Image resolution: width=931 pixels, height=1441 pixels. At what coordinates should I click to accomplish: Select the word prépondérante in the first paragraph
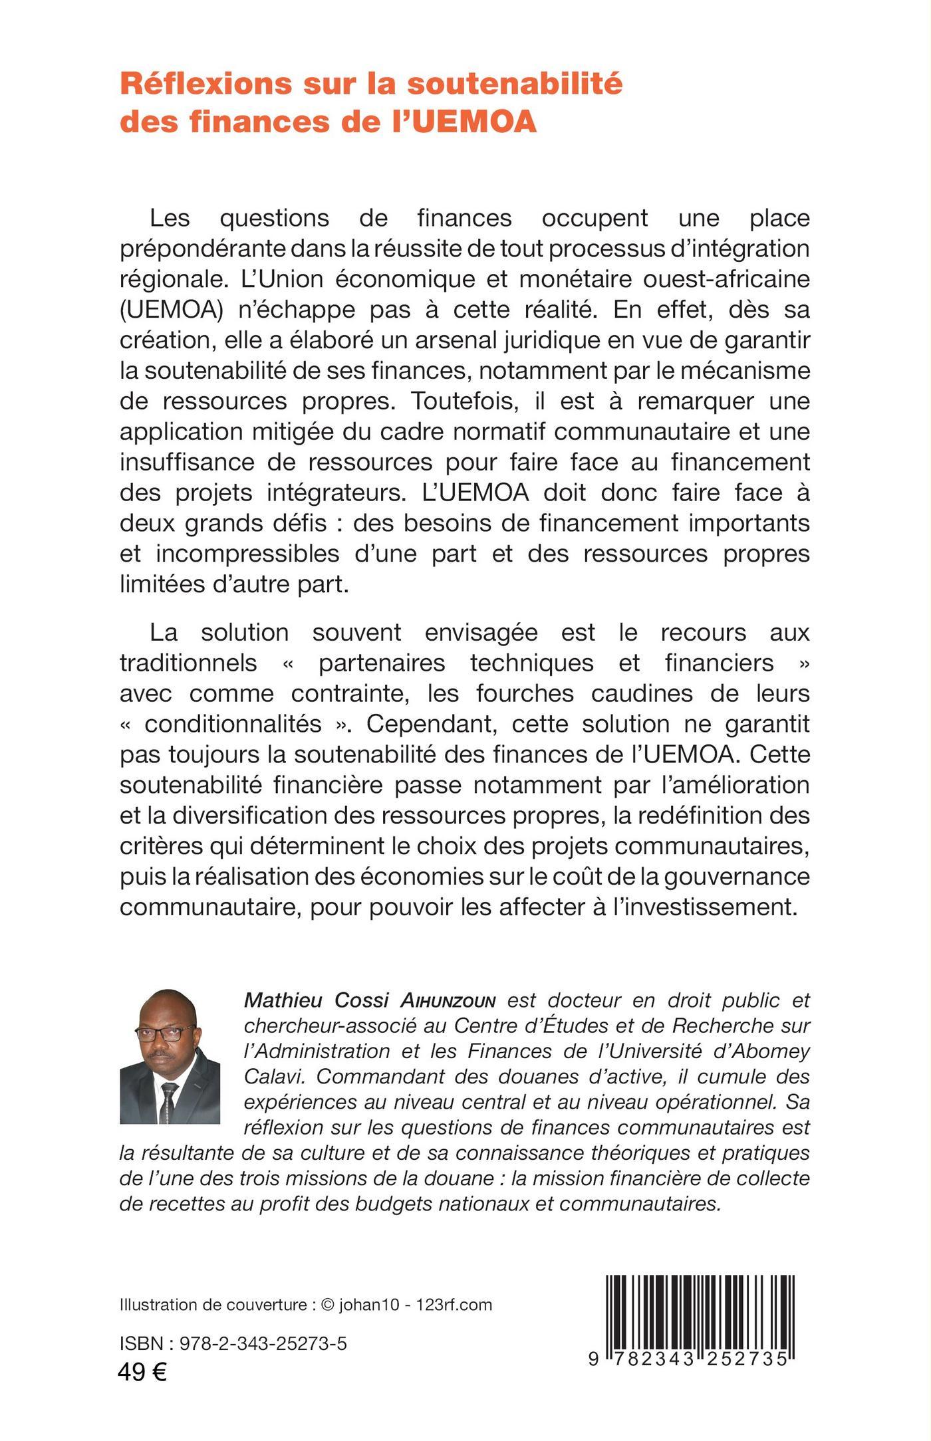(x=203, y=249)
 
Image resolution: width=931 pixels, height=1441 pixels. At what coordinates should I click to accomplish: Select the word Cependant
(x=426, y=724)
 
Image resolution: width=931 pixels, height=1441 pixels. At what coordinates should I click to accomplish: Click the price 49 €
(x=142, y=1371)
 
